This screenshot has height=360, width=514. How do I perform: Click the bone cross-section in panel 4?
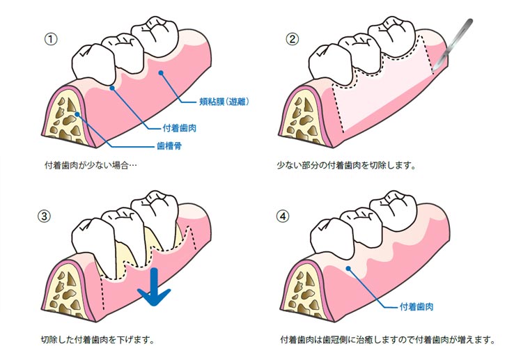pos(303,296)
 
